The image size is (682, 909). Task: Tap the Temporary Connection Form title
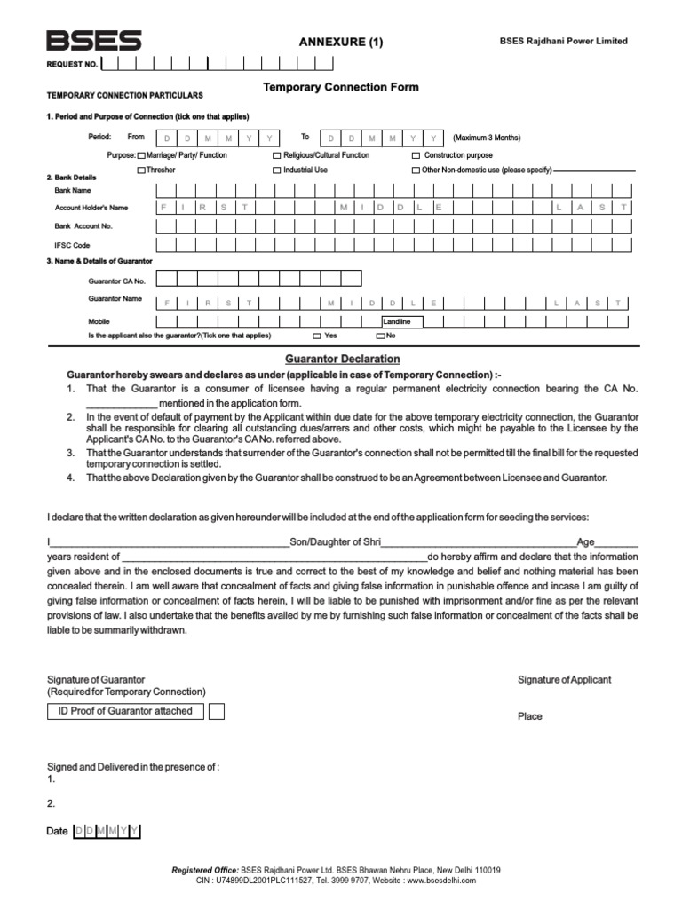click(x=341, y=88)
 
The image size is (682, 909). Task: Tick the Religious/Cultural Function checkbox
click(x=277, y=155)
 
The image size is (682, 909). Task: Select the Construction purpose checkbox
click(x=416, y=155)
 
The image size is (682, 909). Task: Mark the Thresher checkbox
click(x=141, y=170)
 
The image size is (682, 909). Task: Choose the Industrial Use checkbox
click(x=277, y=170)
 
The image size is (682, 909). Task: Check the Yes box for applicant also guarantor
click(x=317, y=336)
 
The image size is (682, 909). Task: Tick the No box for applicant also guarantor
click(x=381, y=336)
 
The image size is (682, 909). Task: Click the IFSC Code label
click(x=72, y=244)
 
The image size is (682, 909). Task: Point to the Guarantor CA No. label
click(x=116, y=281)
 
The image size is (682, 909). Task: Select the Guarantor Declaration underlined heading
click(x=342, y=359)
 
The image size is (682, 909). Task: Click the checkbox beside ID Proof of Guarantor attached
click(x=216, y=711)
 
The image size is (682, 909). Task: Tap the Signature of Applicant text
click(x=565, y=680)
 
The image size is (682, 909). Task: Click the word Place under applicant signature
click(x=530, y=716)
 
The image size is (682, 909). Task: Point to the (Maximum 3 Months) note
click(x=487, y=138)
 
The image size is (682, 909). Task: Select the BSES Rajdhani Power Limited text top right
click(x=575, y=41)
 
